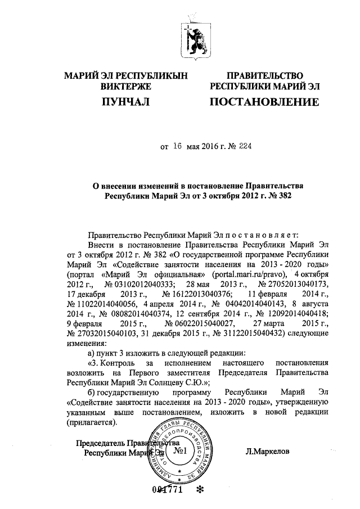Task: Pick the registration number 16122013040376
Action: click(196, 294)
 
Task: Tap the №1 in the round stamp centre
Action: click(180, 452)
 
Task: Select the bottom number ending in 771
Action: click(167, 489)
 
